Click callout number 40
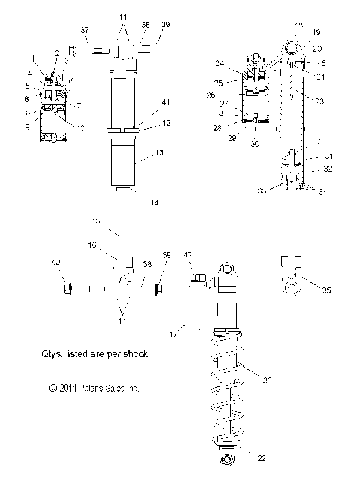pos(55,262)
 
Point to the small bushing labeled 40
pos(65,287)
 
